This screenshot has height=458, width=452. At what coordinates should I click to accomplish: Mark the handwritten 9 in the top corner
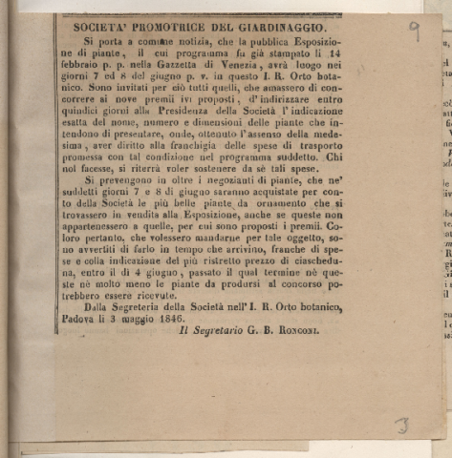coord(414,31)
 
